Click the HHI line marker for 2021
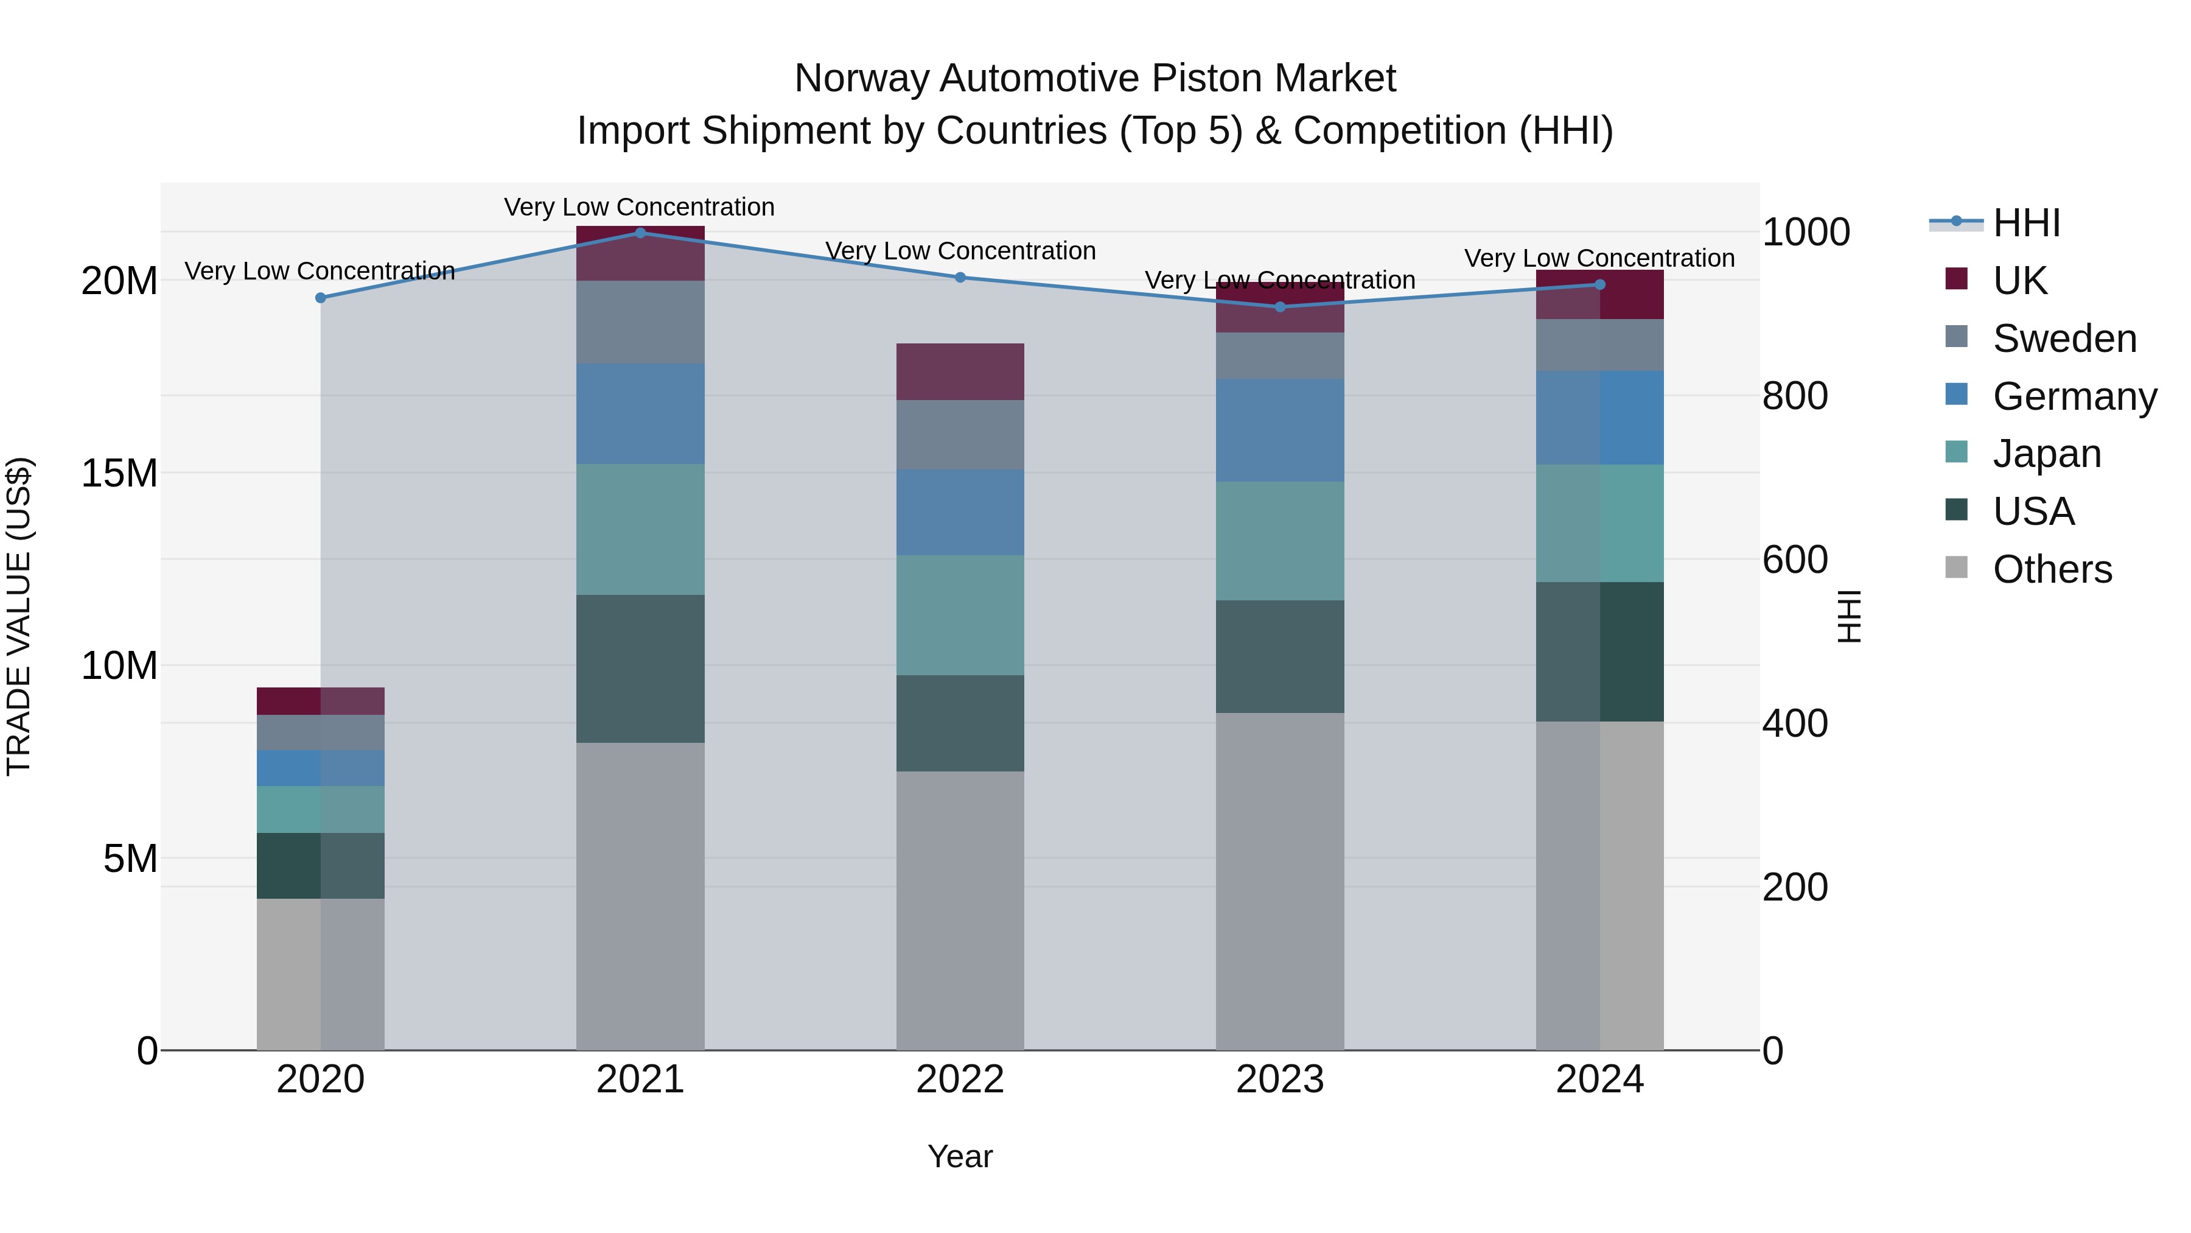click(640, 233)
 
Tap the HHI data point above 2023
click(1280, 306)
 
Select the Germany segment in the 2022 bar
click(960, 512)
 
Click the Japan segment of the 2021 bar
click(640, 529)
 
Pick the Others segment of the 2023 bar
click(1280, 880)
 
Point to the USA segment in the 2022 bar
click(960, 723)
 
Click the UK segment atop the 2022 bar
click(960, 372)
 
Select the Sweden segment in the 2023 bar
click(1280, 356)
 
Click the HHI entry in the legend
click(2026, 223)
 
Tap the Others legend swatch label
click(2052, 569)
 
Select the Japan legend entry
click(2046, 454)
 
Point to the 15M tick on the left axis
click(119, 473)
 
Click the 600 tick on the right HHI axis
click(1795, 560)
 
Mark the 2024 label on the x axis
click(1599, 1080)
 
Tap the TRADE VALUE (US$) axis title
click(19, 616)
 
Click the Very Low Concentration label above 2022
click(960, 251)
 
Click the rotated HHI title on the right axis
click(1849, 616)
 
